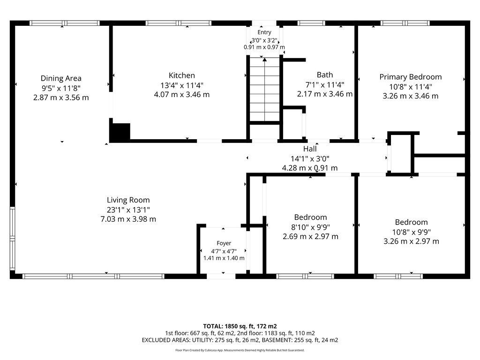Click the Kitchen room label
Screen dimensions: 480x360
(181, 75)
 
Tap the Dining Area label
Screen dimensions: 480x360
(61, 78)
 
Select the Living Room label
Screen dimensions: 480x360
(128, 200)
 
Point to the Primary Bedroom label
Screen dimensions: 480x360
(411, 77)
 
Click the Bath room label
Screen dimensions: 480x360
(325, 75)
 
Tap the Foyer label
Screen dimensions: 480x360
(224, 243)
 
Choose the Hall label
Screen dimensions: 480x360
(310, 149)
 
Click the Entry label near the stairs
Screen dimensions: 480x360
(264, 32)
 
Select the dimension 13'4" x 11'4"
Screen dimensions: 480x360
(182, 85)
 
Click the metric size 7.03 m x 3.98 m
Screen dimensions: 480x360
(128, 219)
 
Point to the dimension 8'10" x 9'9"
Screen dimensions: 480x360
(310, 227)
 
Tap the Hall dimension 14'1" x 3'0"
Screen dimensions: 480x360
(310, 158)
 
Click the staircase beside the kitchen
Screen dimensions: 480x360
(264, 90)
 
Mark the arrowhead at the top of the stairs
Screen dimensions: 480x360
(265, 60)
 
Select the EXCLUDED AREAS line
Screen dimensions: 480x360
(240, 340)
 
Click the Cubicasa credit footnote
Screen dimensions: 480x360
(240, 350)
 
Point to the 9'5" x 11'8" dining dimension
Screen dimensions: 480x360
(61, 88)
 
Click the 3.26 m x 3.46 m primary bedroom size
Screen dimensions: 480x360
(411, 96)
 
